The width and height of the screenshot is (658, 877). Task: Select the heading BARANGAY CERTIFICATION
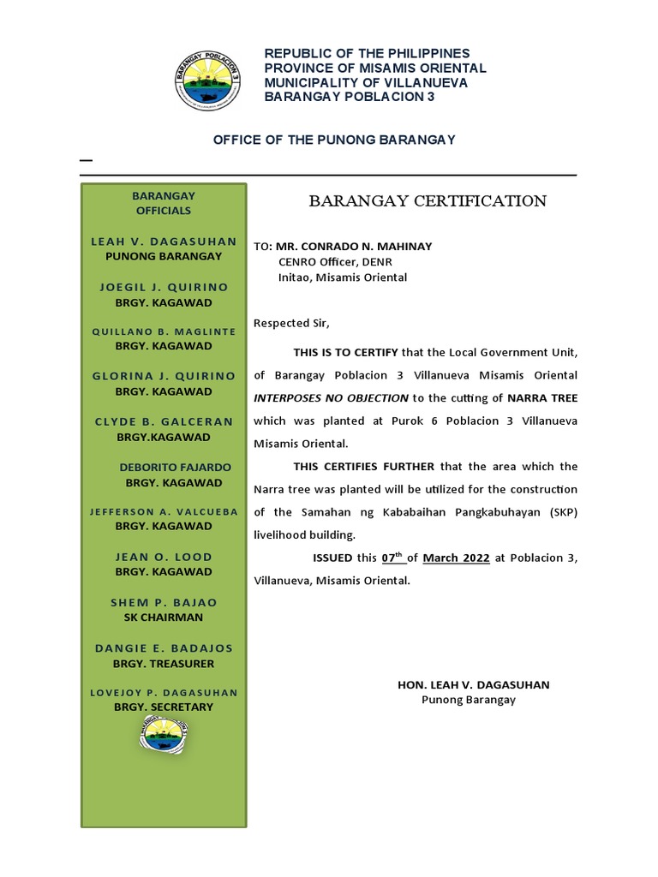(x=427, y=201)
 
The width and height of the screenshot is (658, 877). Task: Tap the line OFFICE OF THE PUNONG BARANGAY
(x=333, y=140)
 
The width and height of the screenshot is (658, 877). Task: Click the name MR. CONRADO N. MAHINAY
(x=353, y=247)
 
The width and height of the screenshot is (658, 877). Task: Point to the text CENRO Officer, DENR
(x=335, y=262)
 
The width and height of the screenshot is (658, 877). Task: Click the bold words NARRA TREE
(x=541, y=398)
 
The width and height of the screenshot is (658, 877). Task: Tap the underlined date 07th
(x=393, y=558)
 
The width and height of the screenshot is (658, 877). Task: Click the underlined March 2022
(x=457, y=558)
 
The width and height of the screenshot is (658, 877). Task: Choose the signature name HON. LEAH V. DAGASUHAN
(x=474, y=685)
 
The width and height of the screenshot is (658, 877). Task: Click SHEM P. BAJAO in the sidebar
(x=164, y=603)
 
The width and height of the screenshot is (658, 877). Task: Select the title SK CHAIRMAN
(x=164, y=617)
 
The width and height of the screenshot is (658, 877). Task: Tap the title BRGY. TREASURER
(x=164, y=664)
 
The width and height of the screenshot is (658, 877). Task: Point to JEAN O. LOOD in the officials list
(x=164, y=558)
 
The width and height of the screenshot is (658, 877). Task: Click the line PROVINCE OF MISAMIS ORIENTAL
(x=374, y=69)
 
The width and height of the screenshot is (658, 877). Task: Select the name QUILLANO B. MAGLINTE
(x=164, y=331)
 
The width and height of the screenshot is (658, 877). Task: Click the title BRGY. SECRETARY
(x=164, y=707)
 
